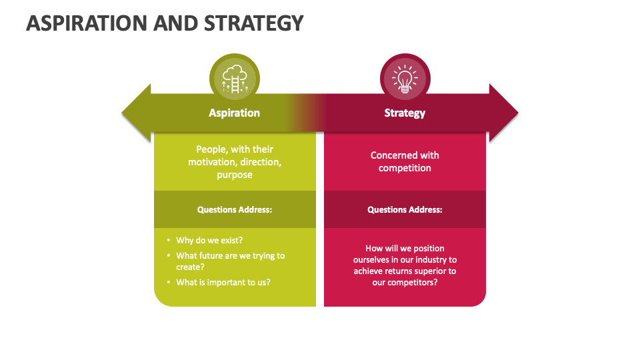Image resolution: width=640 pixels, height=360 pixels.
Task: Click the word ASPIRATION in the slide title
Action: (86, 23)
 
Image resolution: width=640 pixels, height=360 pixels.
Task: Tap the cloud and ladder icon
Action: (235, 79)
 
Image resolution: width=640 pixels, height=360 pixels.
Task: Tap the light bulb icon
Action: (405, 79)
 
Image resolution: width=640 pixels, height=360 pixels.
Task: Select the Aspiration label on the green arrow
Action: (234, 113)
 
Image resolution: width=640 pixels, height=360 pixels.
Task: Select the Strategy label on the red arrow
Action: (405, 113)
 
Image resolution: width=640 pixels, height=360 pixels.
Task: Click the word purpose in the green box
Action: (235, 175)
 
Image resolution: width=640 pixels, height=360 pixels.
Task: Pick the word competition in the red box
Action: (405, 168)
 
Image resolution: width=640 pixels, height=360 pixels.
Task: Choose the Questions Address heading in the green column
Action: (235, 209)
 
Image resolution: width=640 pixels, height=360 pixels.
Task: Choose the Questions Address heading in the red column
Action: (405, 209)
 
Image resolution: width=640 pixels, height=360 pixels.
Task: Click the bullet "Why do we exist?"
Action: (209, 240)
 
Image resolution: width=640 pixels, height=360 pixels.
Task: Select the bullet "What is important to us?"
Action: (223, 282)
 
